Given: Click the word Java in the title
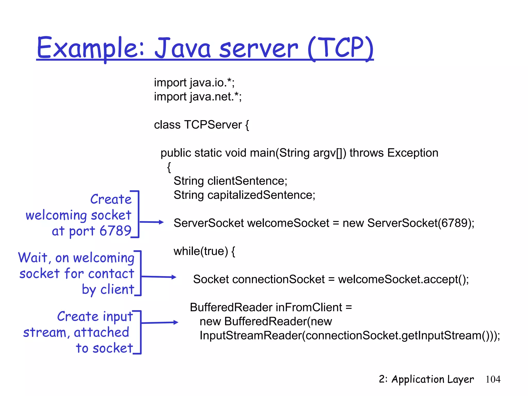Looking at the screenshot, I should pyautogui.click(x=183, y=48).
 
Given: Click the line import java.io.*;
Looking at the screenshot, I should pyautogui.click(x=194, y=83).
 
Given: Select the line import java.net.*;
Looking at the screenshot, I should pyautogui.click(x=198, y=97).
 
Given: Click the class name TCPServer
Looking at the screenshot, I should pyautogui.click(x=213, y=125).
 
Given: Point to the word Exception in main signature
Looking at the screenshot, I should pyautogui.click(x=412, y=153).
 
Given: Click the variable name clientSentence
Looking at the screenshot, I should pyautogui.click(x=247, y=181).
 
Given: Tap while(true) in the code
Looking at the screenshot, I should pyautogui.click(x=201, y=251).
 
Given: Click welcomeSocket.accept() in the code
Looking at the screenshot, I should pyautogui.click(x=403, y=279).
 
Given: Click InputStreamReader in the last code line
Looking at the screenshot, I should pyautogui.click(x=250, y=336).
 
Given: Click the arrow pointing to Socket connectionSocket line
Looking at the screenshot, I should pyautogui.click(x=159, y=277).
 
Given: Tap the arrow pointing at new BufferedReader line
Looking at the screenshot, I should pyautogui.click(x=160, y=323).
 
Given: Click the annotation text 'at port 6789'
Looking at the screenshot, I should pyautogui.click(x=92, y=231).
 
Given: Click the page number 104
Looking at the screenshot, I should pyautogui.click(x=493, y=379).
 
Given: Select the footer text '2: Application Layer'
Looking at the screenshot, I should pyautogui.click(x=426, y=379).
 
